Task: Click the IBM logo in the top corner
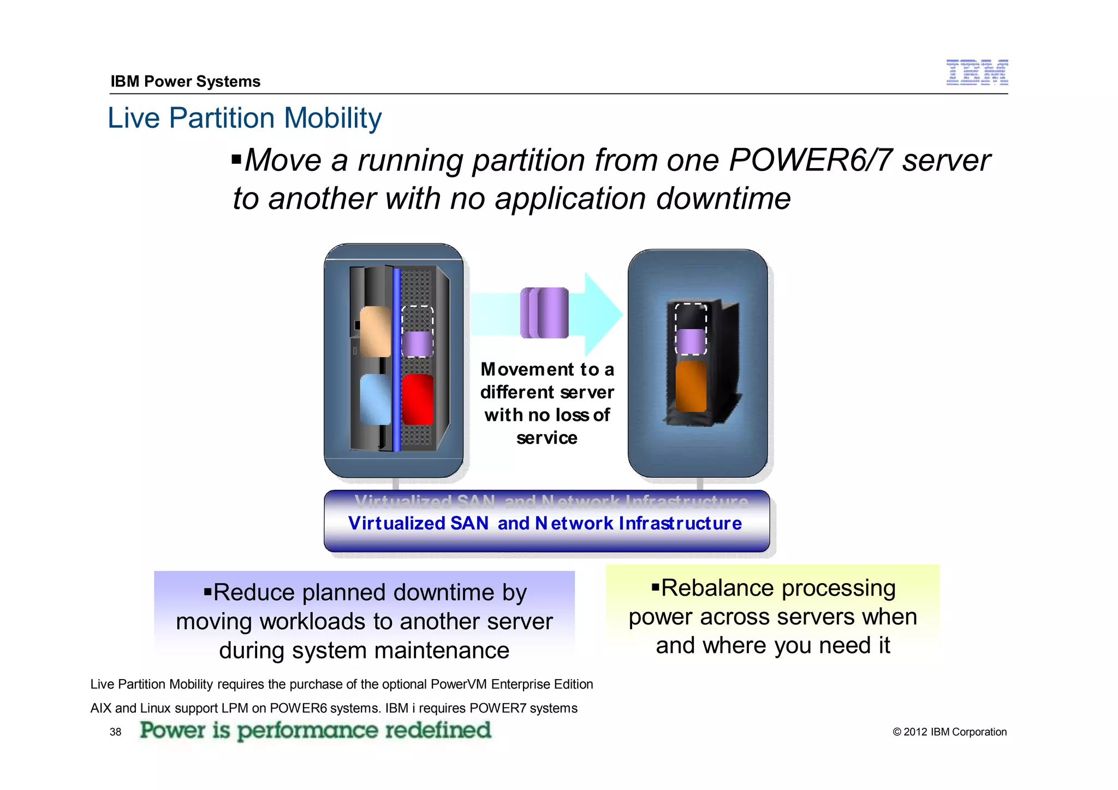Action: (977, 73)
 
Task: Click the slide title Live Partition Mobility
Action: (244, 118)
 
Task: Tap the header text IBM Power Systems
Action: (185, 81)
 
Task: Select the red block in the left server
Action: (418, 399)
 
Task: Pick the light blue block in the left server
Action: (375, 399)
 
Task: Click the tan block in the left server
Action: (375, 331)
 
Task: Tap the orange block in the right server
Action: (691, 386)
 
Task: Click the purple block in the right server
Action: (691, 341)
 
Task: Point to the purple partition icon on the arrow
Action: (544, 313)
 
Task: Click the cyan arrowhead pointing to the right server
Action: (603, 313)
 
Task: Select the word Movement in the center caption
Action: (527, 370)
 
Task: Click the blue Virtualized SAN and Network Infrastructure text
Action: (545, 523)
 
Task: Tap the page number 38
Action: (115, 732)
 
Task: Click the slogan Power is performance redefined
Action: (315, 730)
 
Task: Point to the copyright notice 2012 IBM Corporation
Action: (949, 732)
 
